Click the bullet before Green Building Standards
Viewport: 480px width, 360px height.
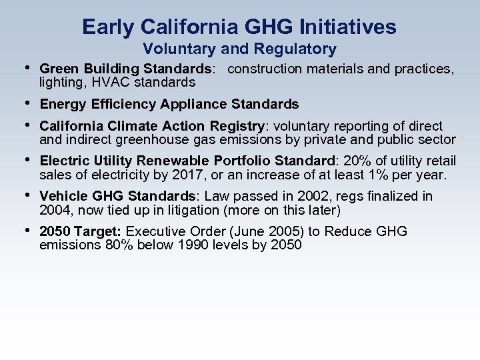[x=26, y=68]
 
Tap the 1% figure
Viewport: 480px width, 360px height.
[x=378, y=175]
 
